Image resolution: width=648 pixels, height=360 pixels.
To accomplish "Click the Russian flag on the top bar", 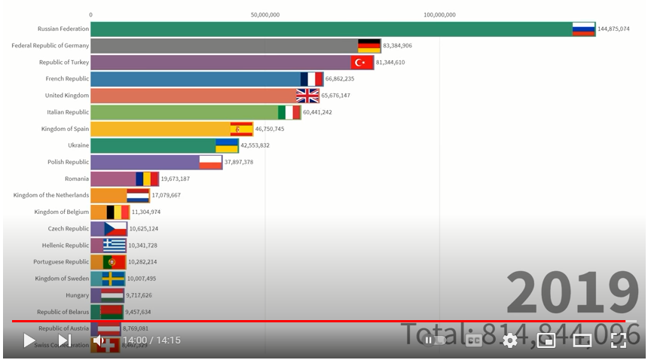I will (584, 29).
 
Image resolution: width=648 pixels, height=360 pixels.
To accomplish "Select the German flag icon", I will (369, 45).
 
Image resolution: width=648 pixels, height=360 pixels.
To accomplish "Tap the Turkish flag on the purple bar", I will (362, 62).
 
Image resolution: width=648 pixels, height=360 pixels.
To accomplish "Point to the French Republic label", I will (67, 78).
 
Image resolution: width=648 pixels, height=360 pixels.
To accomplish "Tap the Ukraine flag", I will (227, 145).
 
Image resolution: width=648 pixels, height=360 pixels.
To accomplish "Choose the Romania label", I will (77, 178).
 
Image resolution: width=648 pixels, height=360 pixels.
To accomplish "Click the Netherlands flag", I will (138, 195).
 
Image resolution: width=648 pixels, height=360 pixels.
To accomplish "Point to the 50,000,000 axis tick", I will (265, 14).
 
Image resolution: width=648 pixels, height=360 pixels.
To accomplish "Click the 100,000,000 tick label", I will (439, 14).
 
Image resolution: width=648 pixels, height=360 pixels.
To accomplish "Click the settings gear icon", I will (510, 340).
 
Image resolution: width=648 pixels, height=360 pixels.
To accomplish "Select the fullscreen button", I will (619, 340).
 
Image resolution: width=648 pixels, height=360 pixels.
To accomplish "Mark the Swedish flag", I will (114, 279).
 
